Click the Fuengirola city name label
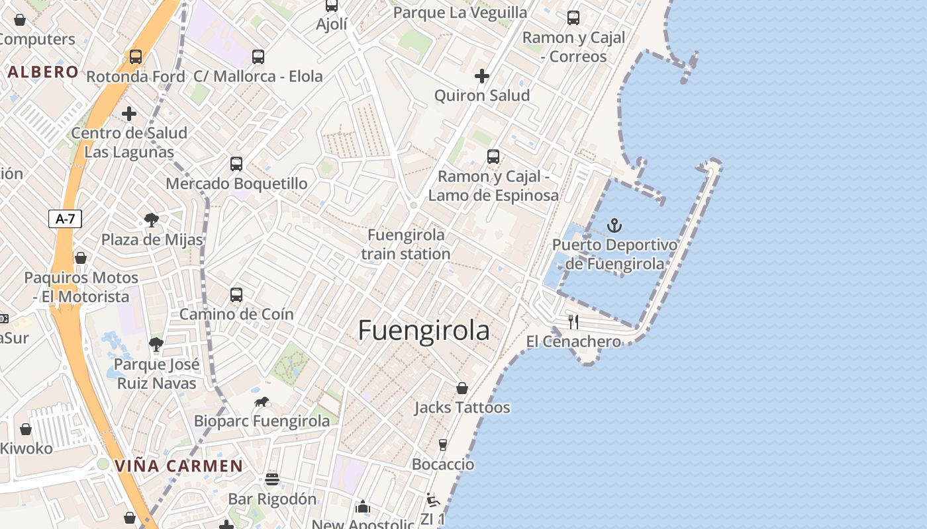tap(424, 331)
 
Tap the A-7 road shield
tap(65, 219)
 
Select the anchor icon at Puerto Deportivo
tap(615, 226)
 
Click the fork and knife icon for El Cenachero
tap(573, 322)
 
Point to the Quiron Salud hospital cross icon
tap(482, 77)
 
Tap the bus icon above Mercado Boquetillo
tap(236, 164)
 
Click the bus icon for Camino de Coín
tap(236, 295)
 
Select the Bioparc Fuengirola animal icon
tap(262, 402)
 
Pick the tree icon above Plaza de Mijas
tap(152, 220)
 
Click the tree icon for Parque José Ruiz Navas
tap(156, 345)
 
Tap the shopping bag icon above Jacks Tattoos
tap(462, 388)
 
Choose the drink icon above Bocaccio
tap(443, 445)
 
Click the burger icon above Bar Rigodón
tap(272, 479)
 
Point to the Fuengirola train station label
tap(406, 244)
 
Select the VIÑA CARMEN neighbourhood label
tap(179, 466)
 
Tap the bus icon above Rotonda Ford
tap(136, 57)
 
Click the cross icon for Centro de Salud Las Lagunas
tap(129, 114)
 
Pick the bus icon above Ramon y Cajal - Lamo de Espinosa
tap(493, 157)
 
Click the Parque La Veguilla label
tap(460, 13)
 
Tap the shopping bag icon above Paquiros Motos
tap(80, 258)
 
